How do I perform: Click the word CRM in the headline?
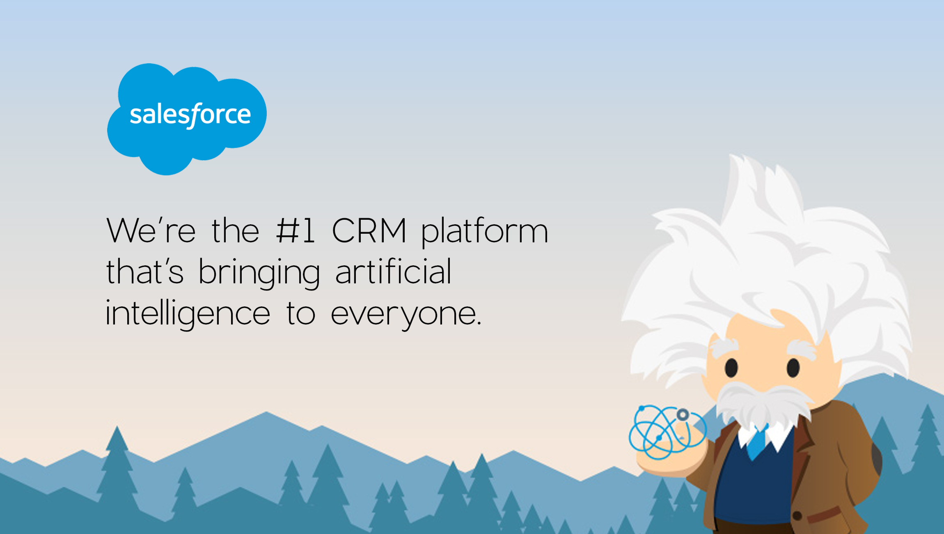tap(369, 231)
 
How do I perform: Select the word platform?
tap(485, 232)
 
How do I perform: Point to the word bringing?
tap(259, 273)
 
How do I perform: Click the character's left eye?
tap(731, 368)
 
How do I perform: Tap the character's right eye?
tap(793, 367)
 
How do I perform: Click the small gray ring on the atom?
tap(683, 415)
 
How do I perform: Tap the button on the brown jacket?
tap(797, 515)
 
